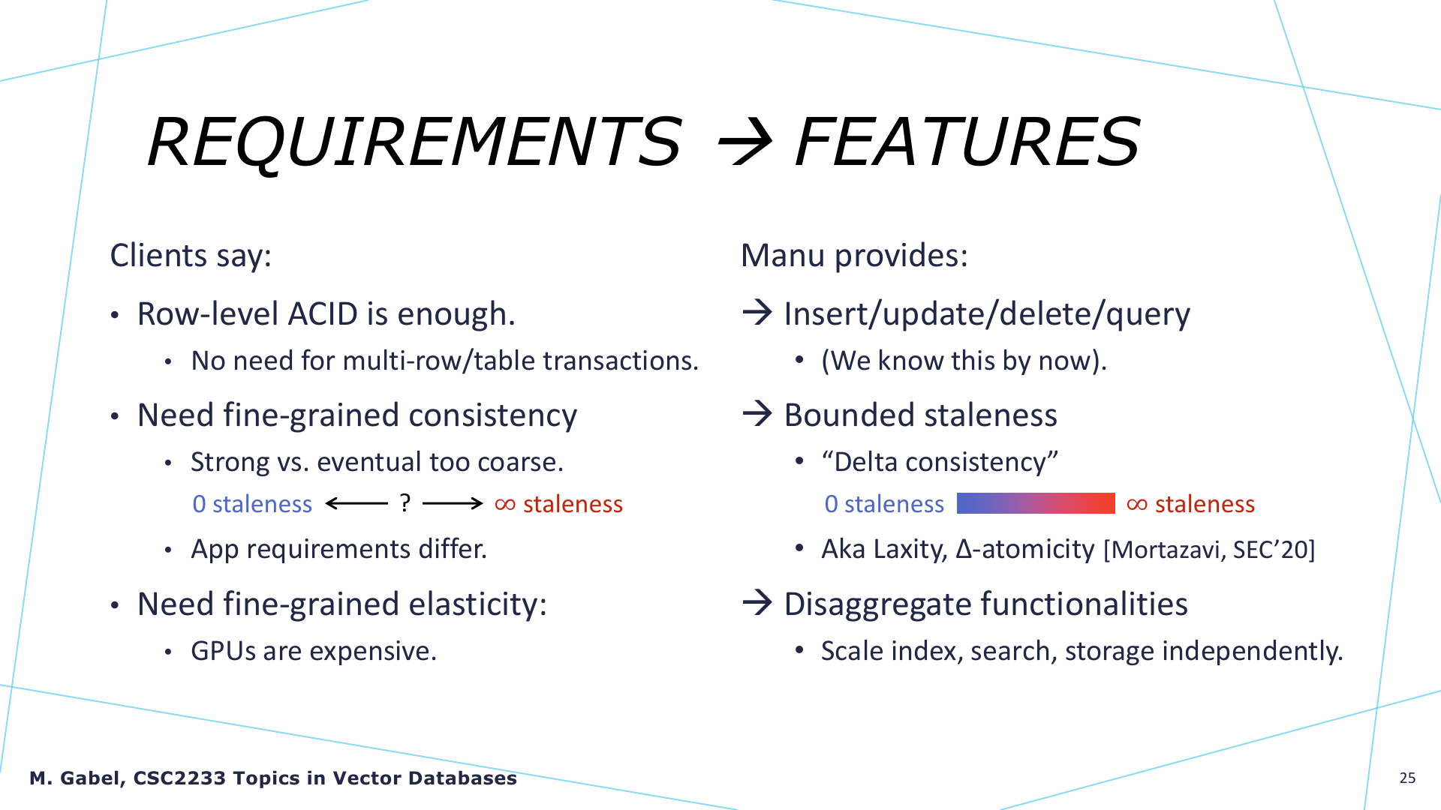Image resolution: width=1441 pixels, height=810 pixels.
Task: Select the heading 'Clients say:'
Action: pos(191,255)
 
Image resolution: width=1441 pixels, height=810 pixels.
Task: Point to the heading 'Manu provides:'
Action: pos(854,255)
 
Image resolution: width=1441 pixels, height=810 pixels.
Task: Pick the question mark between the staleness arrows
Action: pos(405,503)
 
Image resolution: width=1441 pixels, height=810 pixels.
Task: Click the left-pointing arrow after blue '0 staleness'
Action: pos(356,503)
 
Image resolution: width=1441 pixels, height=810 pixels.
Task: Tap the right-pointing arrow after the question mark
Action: pos(453,503)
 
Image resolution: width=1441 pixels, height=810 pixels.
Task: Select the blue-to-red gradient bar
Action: pos(1036,503)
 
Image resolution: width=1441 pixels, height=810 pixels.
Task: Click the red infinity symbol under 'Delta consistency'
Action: pos(1137,505)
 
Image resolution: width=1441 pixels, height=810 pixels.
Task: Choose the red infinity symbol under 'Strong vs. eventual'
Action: pos(505,505)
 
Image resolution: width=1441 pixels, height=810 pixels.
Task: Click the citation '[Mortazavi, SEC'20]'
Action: pos(1209,550)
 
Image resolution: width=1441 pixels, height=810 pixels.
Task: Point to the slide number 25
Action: pos(1407,778)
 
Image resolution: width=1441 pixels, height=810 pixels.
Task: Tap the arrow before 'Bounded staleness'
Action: pos(757,413)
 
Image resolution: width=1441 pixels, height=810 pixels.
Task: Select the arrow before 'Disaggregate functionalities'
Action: pos(757,602)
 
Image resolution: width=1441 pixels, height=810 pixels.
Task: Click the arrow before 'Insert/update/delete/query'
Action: pos(757,312)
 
